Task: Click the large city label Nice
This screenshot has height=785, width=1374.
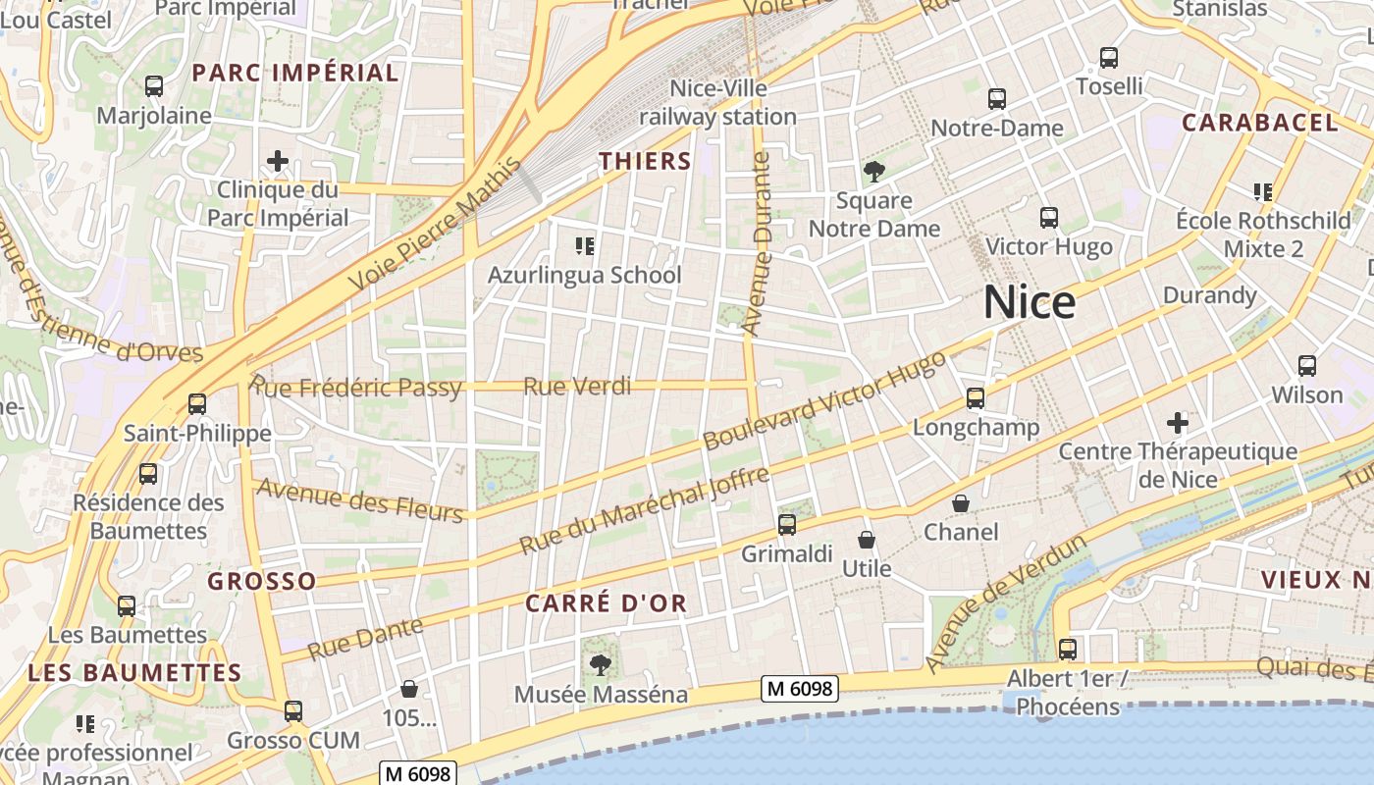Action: point(1030,302)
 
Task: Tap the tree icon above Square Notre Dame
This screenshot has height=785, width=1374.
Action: point(873,173)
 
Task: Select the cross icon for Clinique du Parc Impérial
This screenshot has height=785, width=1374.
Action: point(278,160)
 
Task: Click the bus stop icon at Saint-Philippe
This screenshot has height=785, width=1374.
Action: point(197,403)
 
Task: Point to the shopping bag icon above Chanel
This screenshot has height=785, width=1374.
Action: point(961,503)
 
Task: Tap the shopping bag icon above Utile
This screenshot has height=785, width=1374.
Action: point(867,540)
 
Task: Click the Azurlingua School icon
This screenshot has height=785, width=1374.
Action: point(585,245)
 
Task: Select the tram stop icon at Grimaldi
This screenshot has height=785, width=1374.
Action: point(786,525)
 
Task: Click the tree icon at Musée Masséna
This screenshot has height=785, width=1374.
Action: point(600,665)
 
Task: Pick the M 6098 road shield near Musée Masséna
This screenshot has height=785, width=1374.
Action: point(800,689)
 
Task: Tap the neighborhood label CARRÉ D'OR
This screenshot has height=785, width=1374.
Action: point(606,603)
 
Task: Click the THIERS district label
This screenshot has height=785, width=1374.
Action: point(645,161)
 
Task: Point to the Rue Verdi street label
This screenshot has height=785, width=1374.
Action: point(577,387)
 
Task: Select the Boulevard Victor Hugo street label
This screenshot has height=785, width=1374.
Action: point(824,400)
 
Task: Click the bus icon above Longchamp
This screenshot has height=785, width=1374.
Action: point(975,398)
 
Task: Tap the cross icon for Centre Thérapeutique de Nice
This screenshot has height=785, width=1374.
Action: point(1178,423)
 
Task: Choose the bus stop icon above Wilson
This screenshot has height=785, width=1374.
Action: point(1306,366)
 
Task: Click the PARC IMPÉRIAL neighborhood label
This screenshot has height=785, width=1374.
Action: point(294,73)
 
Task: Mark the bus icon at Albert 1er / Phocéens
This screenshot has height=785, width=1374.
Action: point(1067,650)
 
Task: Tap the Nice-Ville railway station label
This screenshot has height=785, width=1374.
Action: point(718,103)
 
